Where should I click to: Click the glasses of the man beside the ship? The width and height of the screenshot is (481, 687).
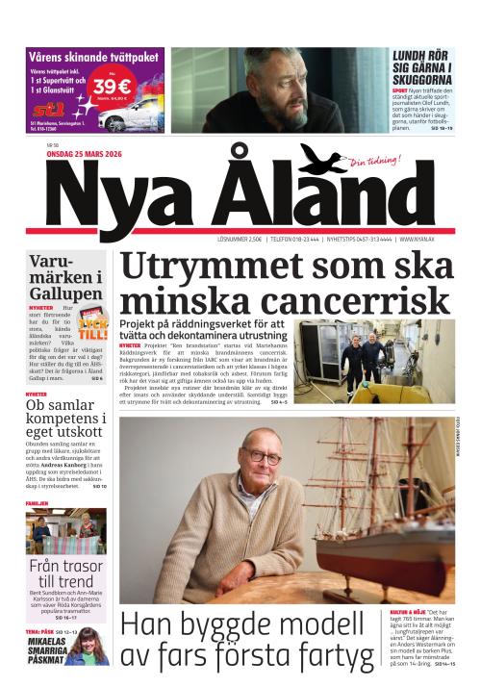pyautogui.click(x=261, y=457)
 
